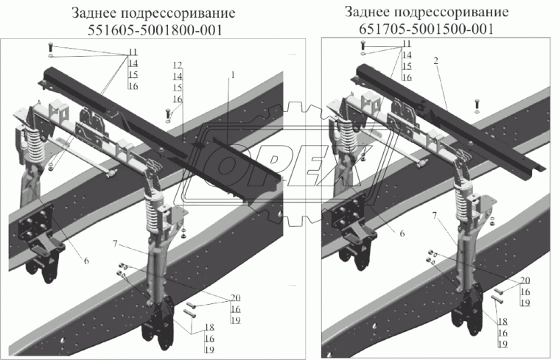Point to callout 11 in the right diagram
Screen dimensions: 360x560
(x=407, y=45)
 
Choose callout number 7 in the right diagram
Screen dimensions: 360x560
(x=435, y=216)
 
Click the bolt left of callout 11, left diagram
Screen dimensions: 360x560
(x=49, y=46)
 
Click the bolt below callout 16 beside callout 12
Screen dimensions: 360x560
(x=168, y=115)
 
